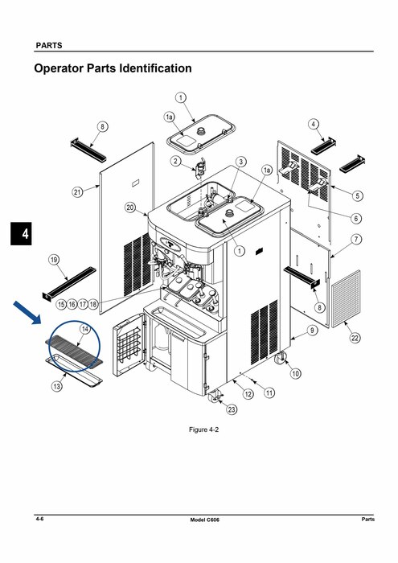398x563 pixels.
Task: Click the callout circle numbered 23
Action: (232, 409)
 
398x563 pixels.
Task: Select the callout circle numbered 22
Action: (355, 338)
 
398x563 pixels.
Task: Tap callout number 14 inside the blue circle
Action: (85, 329)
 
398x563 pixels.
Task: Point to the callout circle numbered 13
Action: (57, 386)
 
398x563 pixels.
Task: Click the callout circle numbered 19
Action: (54, 260)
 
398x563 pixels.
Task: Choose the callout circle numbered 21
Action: (77, 192)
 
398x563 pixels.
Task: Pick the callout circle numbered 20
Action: (130, 208)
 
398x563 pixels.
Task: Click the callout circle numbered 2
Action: (175, 161)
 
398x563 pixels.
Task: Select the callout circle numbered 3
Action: (240, 162)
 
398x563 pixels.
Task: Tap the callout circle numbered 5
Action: (358, 195)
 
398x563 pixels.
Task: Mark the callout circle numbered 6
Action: (356, 218)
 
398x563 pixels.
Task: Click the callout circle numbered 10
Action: (295, 373)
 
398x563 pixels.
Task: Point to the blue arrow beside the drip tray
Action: (27, 313)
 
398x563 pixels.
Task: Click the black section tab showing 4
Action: (21, 234)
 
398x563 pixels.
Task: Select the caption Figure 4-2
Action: (203, 429)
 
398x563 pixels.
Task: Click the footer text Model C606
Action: (204, 520)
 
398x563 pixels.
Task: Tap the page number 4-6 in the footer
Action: (39, 519)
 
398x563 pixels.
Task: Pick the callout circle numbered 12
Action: (248, 394)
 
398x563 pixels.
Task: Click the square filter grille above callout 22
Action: (346, 298)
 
